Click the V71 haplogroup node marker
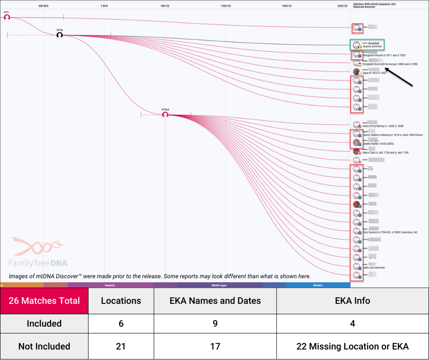click(7, 17)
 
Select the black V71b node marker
click(59, 35)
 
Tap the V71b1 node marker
click(165, 115)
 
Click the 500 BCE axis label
click(44, 6)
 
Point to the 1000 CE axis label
click(226, 6)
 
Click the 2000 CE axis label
click(343, 6)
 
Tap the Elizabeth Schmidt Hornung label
click(390, 64)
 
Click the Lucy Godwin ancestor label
click(390, 232)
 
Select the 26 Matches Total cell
click(44, 301)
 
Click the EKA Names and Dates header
click(215, 301)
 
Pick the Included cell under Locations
click(121, 323)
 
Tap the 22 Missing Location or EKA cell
click(352, 346)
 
